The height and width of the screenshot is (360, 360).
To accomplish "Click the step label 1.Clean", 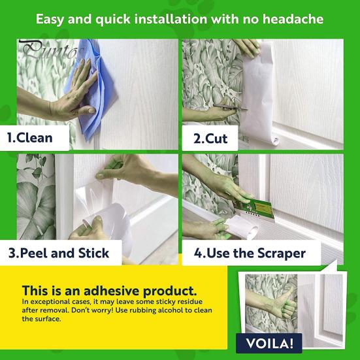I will pyautogui.click(x=30, y=139).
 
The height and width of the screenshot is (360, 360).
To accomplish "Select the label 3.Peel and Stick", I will pyautogui.click(x=58, y=253).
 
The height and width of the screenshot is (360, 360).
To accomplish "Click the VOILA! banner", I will pyautogui.click(x=268, y=343).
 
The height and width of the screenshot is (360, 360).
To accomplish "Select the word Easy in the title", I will pyautogui.click(x=52, y=18).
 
